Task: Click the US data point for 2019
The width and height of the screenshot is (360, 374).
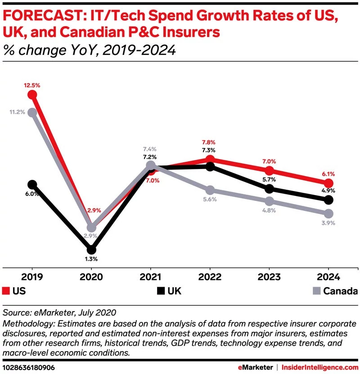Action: (x=32, y=94)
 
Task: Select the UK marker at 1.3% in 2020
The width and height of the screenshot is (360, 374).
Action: (x=91, y=249)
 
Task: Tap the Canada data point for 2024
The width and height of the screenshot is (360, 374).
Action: (x=328, y=213)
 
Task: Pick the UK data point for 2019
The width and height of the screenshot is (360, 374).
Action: (x=32, y=184)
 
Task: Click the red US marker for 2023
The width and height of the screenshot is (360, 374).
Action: (x=269, y=171)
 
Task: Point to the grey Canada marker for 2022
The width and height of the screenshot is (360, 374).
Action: (x=210, y=190)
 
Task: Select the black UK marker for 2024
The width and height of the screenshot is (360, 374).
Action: (x=328, y=200)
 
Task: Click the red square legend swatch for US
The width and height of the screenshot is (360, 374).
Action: (x=6, y=291)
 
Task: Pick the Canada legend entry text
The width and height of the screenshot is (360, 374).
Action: (x=340, y=291)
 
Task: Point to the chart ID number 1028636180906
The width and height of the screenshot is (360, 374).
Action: (x=29, y=367)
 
